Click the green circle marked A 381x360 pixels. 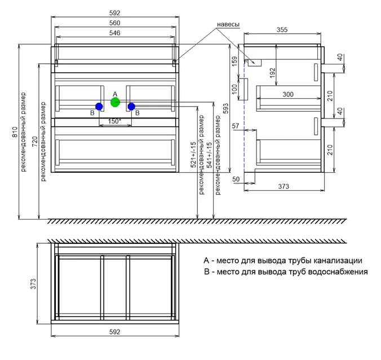[x=115, y=102]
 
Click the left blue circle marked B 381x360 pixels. [x=99, y=106]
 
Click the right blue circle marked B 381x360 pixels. [x=131, y=106]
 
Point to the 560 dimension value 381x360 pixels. [x=114, y=23]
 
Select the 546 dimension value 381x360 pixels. [x=114, y=33]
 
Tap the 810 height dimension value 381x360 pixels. [x=15, y=132]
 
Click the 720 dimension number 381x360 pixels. [x=35, y=142]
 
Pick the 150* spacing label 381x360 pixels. [x=114, y=121]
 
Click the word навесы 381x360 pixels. [x=228, y=25]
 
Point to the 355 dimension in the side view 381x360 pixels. [x=282, y=30]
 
